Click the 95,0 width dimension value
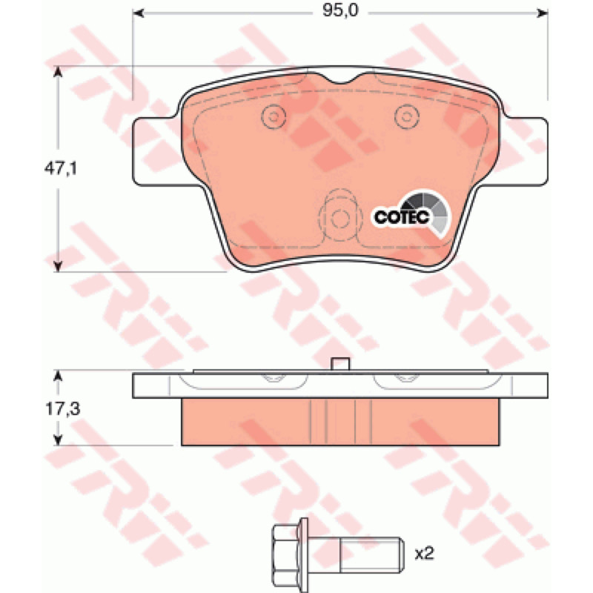(340, 11)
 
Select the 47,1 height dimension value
(61, 168)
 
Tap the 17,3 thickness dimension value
(63, 409)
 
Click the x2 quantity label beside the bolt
(424, 554)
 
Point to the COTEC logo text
(402, 217)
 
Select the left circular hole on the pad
(273, 116)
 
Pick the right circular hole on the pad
(407, 116)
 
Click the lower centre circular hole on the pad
(340, 219)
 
